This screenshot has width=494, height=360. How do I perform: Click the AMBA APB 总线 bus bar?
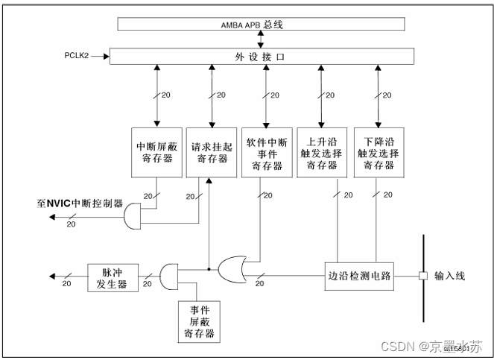pyautogui.click(x=262, y=24)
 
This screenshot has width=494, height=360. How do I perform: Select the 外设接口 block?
pyautogui.click(x=262, y=56)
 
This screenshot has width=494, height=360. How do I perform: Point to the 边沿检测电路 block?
pyautogui.click(x=358, y=275)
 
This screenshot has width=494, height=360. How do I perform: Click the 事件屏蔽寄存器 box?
pyautogui.click(x=197, y=320)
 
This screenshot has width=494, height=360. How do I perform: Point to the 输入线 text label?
pyautogui.click(x=449, y=276)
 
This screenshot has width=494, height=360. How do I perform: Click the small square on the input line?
pyautogui.click(x=422, y=276)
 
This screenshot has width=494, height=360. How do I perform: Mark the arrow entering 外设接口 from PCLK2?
pyautogui.click(x=101, y=56)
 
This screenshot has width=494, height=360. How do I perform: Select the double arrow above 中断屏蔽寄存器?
pyautogui.click(x=156, y=95)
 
